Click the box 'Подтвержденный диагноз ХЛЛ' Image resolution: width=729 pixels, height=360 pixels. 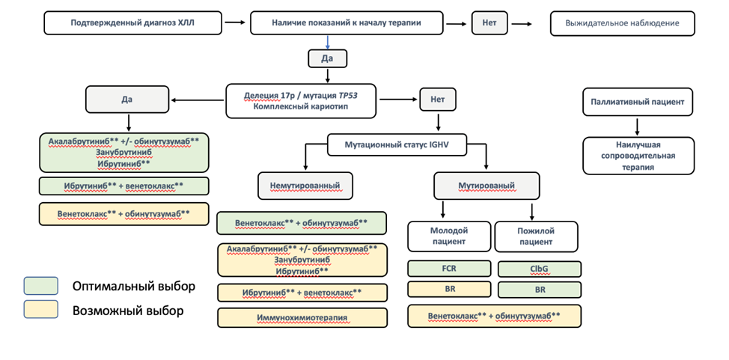pyautogui.click(x=132, y=22)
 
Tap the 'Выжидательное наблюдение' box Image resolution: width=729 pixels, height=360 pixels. pyautogui.click(x=623, y=23)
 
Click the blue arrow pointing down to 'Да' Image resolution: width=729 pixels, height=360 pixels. pyautogui.click(x=328, y=42)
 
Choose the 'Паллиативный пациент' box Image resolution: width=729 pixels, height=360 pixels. pyautogui.click(x=638, y=102)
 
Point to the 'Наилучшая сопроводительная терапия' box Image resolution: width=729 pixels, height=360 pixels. pyautogui.click(x=638, y=156)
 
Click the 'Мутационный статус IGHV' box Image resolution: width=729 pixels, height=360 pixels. pyautogui.click(x=397, y=144)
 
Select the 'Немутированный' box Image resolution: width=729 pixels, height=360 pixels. pyautogui.click(x=305, y=186)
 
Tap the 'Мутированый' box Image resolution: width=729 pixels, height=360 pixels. pyautogui.click(x=486, y=186)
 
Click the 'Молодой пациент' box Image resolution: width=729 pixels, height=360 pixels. pyautogui.click(x=449, y=237)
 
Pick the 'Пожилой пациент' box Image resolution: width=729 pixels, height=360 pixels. pyautogui.click(x=536, y=237)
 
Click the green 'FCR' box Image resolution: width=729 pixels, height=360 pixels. pyautogui.click(x=449, y=269)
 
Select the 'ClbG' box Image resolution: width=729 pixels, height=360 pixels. pyautogui.click(x=540, y=269)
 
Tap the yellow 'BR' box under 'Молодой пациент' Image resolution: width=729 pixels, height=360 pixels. pyautogui.click(x=449, y=289)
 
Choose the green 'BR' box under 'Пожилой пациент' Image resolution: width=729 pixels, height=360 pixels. pyautogui.click(x=540, y=290)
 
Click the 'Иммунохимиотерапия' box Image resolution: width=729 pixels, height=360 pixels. pyautogui.click(x=302, y=317)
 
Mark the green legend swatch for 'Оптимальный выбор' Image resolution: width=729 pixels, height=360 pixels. pyautogui.click(x=41, y=286)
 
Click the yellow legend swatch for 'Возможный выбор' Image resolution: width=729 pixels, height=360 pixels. pyautogui.click(x=41, y=309)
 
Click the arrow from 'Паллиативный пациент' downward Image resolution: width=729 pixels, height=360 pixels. pyautogui.click(x=638, y=126)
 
